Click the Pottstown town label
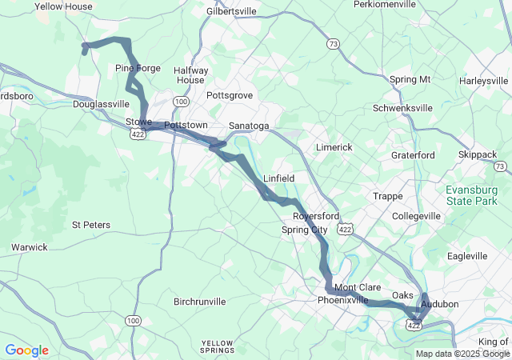point(186,126)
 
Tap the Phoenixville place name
point(343,300)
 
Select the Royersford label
point(316,217)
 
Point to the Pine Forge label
point(138,68)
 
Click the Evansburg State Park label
point(477,195)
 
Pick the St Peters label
point(91,225)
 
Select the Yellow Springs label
point(218,346)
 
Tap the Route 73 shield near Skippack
point(500,166)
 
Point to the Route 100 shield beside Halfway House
point(182,102)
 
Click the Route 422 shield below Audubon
point(413,326)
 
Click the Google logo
point(26,350)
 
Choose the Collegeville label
point(417,217)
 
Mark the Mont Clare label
point(357,287)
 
